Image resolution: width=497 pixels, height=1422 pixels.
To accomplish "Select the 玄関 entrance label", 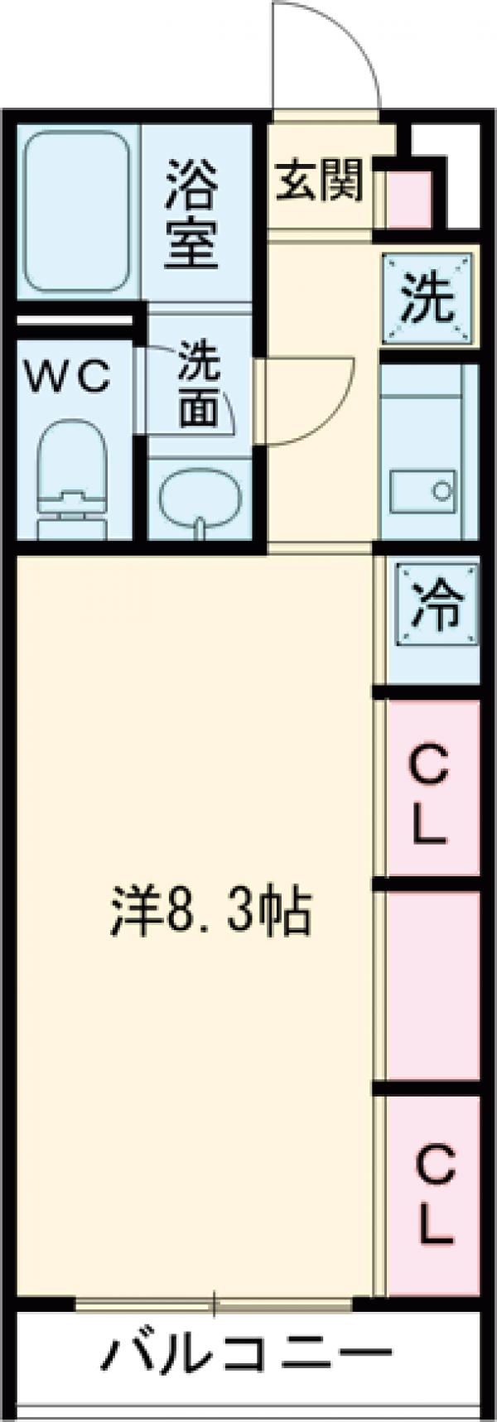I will pos(319,180).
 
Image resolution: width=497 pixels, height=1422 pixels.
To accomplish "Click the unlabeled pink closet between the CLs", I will pos(433,986).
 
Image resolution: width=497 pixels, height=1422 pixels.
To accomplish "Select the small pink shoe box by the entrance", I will pos(409,199).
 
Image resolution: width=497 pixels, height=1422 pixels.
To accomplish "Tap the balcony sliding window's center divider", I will pos(214,1305).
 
